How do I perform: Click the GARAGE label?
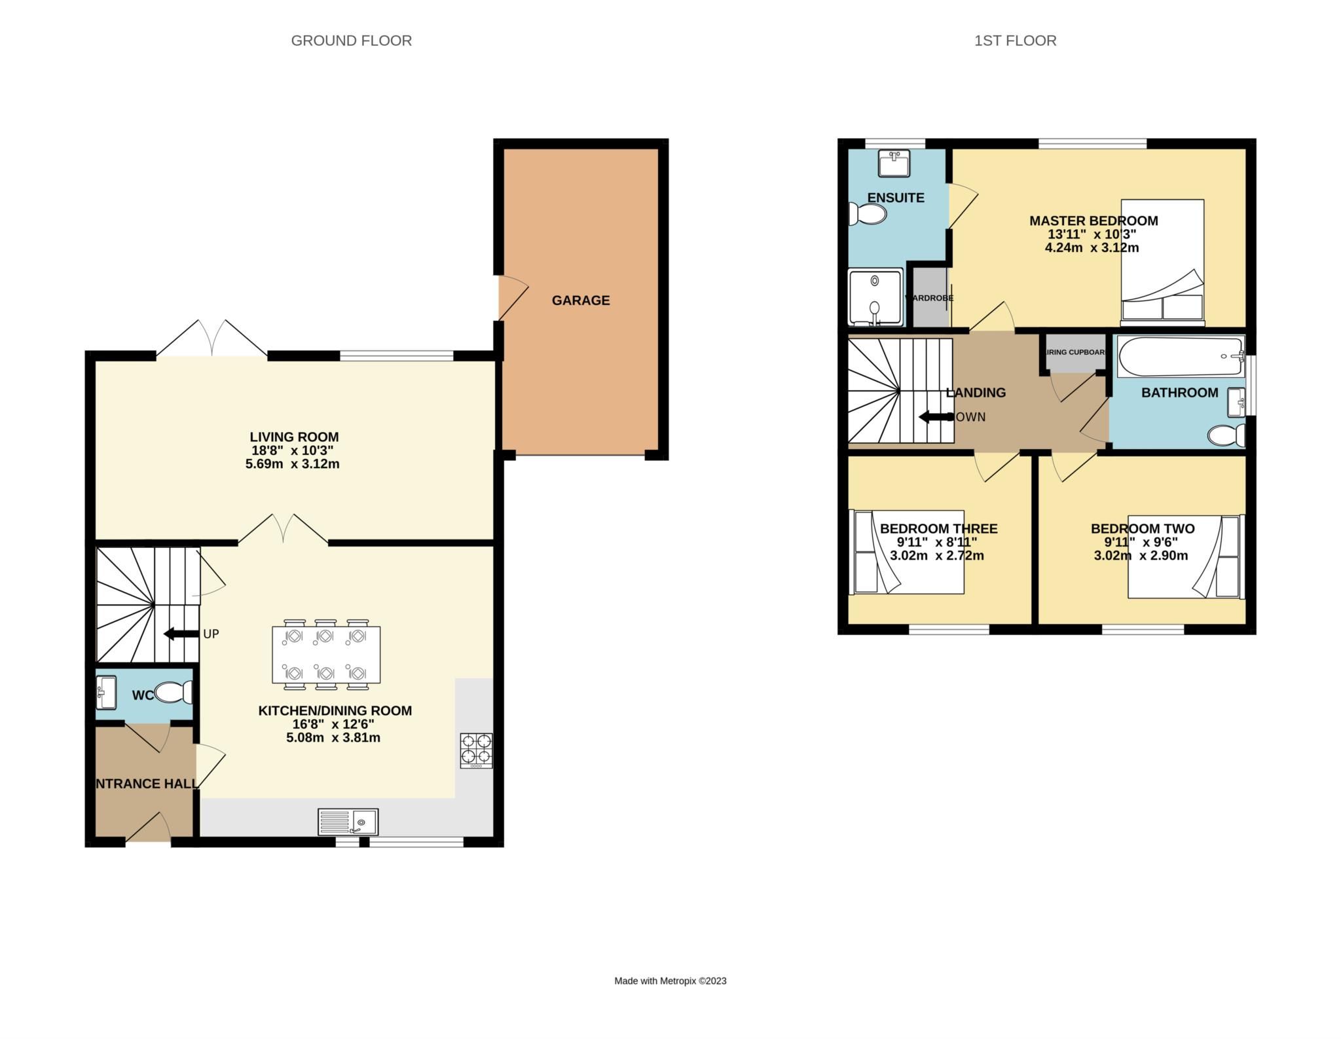click(580, 301)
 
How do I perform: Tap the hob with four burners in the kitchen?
click(476, 750)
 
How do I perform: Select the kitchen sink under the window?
click(348, 822)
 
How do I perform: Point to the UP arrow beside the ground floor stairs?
click(181, 634)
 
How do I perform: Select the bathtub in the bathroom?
click(1181, 356)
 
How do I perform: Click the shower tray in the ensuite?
click(875, 298)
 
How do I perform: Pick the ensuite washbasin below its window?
click(893, 163)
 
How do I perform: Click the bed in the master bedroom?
click(1162, 262)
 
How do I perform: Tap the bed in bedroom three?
click(907, 552)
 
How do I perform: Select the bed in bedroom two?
click(1185, 556)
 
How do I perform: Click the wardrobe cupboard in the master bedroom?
click(930, 298)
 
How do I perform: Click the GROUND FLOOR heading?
click(351, 41)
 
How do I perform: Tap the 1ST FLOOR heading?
click(1015, 41)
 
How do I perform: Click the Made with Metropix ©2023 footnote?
click(670, 981)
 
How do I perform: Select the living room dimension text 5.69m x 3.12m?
click(292, 464)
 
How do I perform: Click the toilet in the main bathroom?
click(1226, 435)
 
